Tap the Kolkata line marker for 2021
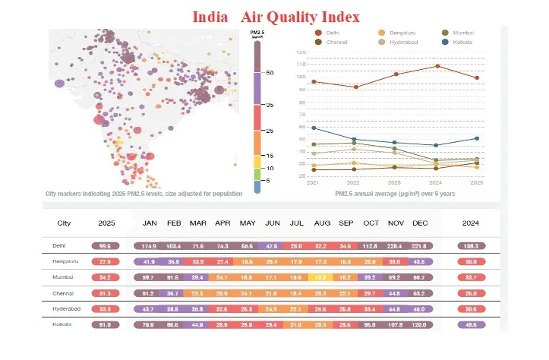(314, 128)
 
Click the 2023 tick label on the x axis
(394, 183)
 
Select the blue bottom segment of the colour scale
(257, 185)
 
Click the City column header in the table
(65, 223)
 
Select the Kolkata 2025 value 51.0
(105, 324)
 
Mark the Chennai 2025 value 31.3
(105, 293)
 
